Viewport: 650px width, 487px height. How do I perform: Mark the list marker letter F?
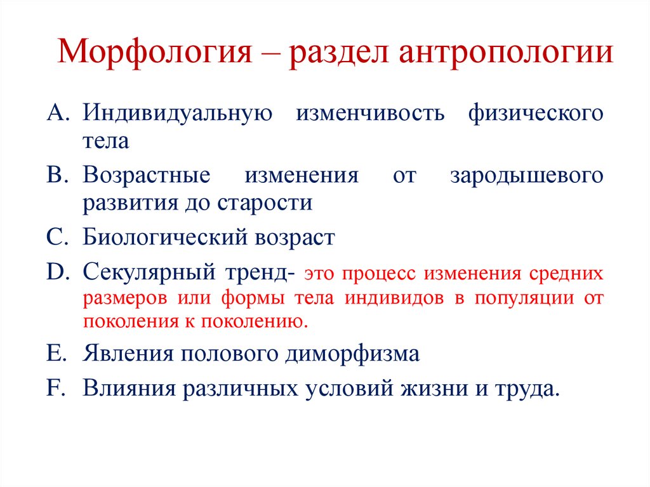54,387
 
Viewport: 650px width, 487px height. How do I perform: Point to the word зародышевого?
527,175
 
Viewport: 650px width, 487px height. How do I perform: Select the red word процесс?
379,275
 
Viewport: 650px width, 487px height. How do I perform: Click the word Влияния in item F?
129,387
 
